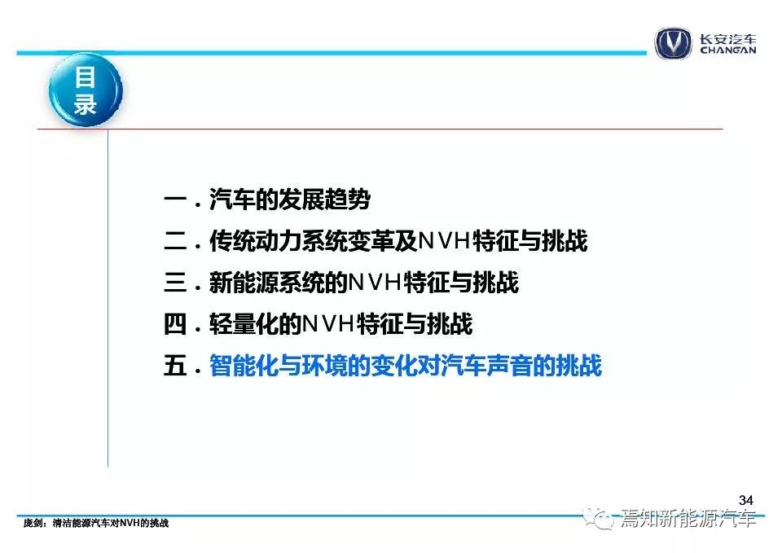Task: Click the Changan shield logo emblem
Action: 674,43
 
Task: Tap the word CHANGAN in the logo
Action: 727,50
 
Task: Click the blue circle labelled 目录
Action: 86,90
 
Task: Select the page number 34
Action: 746,499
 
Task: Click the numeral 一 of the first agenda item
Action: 175,200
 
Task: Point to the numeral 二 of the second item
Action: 175,241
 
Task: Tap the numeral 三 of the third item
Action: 175,283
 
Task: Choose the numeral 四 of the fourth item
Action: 175,324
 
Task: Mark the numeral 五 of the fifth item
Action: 175,366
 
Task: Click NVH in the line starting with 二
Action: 445,241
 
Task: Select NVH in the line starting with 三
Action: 376,283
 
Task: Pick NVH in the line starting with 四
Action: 329,323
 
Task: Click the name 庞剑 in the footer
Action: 33,523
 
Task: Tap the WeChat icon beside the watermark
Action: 600,519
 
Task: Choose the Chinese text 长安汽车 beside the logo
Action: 727,38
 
